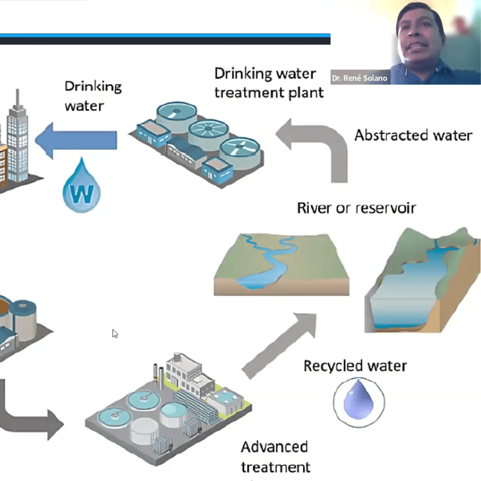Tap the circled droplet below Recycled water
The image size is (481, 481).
coord(359,402)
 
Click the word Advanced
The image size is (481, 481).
coord(274,446)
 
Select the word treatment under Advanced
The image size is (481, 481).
coord(276,467)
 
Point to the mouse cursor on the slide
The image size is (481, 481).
coord(114,333)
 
